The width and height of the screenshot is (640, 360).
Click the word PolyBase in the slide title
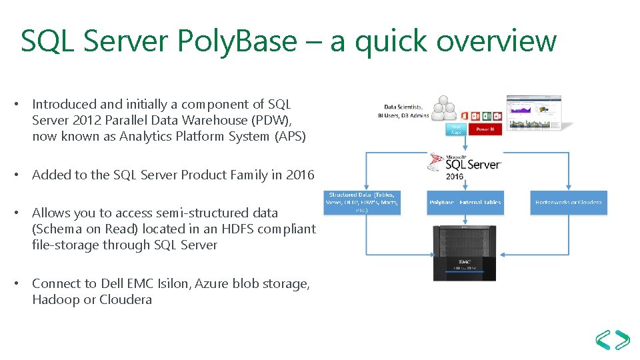click(x=237, y=41)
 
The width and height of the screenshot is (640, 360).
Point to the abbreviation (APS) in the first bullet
click(x=291, y=137)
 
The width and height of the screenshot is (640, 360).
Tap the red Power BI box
click(x=485, y=129)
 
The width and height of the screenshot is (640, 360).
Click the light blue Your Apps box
click(x=456, y=129)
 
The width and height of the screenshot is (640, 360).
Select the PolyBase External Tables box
click(x=465, y=202)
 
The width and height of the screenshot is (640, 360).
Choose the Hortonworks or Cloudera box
click(x=569, y=202)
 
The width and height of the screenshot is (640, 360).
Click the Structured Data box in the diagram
click(x=362, y=202)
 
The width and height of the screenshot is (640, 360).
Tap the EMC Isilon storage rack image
click(x=465, y=253)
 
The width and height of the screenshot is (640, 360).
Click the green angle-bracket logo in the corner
click(x=612, y=340)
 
